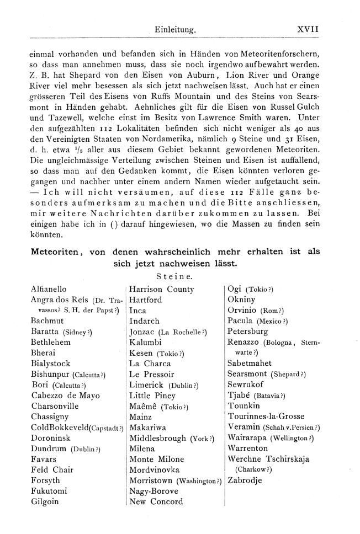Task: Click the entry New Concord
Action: (x=155, y=501)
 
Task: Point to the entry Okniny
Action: (x=240, y=300)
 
